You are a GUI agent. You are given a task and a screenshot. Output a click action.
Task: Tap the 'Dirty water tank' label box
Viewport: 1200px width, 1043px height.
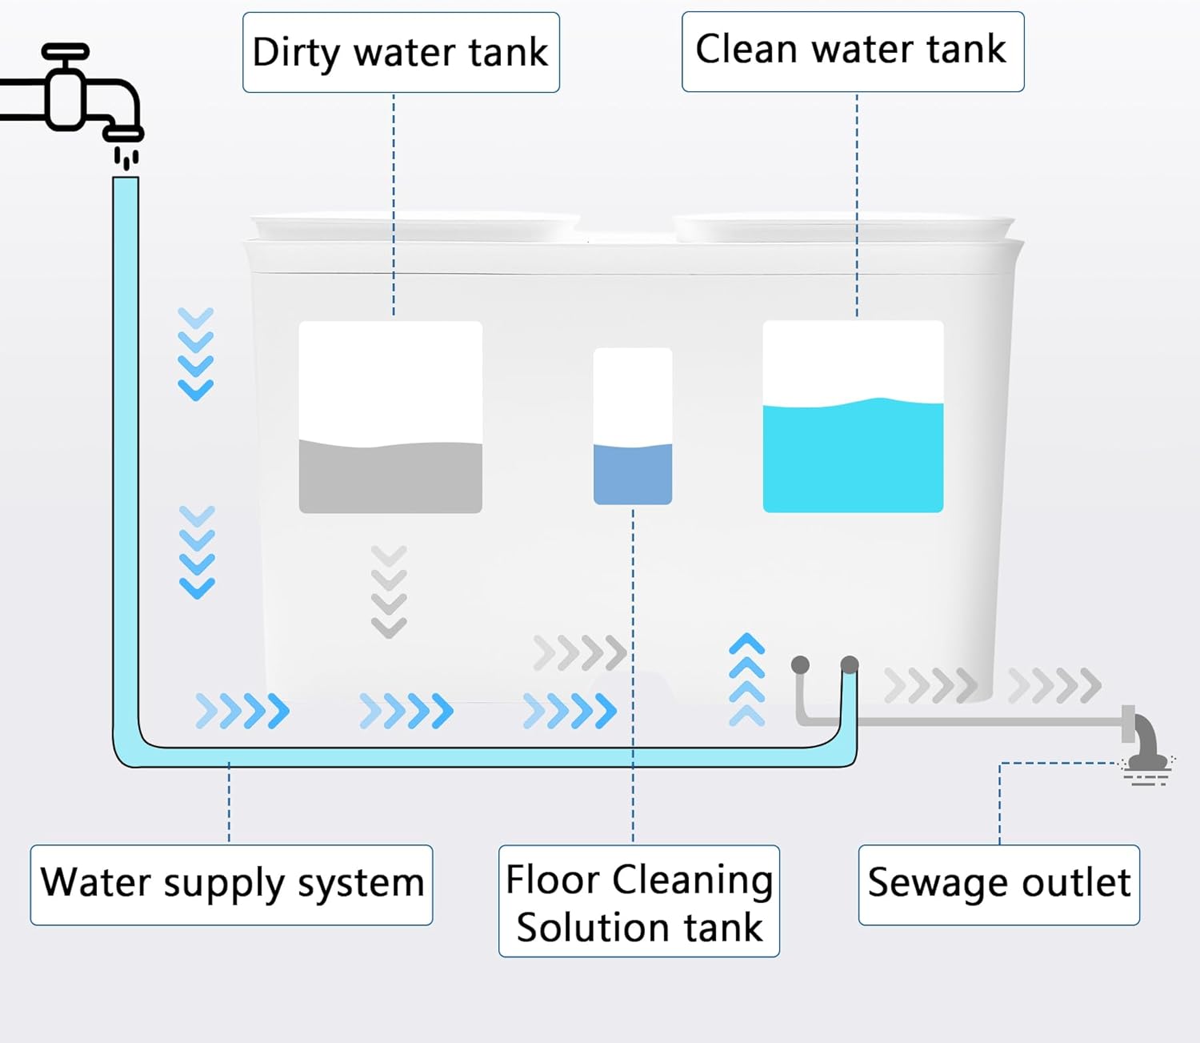(x=401, y=53)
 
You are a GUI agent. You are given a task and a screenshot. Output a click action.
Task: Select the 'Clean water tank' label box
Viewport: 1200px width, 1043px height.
(x=852, y=51)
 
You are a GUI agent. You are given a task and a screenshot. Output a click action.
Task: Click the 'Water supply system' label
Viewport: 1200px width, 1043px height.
(x=231, y=885)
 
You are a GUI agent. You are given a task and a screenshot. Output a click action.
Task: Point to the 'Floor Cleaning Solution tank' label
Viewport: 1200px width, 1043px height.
(x=638, y=901)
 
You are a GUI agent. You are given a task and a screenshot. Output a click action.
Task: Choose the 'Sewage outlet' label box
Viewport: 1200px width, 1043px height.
(x=998, y=885)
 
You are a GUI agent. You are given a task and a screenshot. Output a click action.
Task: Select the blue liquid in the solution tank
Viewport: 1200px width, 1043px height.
(x=632, y=474)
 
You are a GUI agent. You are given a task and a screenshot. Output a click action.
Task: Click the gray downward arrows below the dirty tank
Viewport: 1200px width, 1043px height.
(x=390, y=592)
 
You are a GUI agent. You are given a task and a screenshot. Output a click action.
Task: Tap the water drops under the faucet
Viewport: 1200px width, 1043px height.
(x=126, y=158)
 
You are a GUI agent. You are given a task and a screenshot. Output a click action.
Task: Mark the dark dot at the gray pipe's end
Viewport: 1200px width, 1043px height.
(x=800, y=664)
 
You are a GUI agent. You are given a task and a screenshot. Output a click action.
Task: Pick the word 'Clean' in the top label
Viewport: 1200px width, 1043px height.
(x=746, y=50)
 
